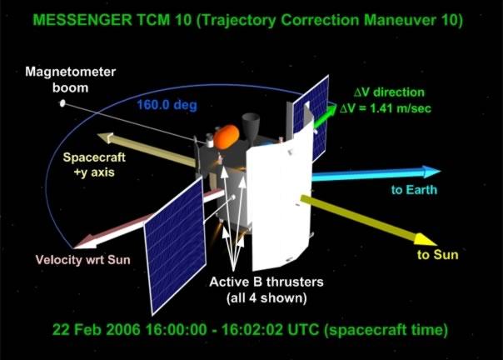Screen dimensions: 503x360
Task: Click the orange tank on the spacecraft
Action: [x=227, y=137]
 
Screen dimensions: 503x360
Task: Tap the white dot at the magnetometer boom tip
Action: [x=62, y=103]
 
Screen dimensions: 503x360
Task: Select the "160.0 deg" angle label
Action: [x=167, y=105]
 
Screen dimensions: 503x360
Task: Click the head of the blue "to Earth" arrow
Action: [x=431, y=172]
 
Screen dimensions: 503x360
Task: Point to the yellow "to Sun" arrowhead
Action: [x=425, y=239]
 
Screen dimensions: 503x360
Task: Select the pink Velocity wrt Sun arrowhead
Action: [x=85, y=242]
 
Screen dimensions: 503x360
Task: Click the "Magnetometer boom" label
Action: [x=70, y=79]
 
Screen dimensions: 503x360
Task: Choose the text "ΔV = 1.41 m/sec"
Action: [x=386, y=108]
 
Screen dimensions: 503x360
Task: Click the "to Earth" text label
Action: [x=414, y=190]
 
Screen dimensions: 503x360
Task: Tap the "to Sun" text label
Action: [x=437, y=255]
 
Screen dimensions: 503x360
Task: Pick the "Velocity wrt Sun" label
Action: [x=83, y=259]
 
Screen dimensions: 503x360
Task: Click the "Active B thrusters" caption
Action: [x=266, y=282]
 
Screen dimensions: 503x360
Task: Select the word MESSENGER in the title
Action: [x=82, y=20]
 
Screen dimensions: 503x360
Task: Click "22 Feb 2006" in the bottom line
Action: [x=97, y=329]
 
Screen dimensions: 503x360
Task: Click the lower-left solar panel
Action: [x=175, y=246]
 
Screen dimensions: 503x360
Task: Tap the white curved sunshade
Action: [x=279, y=199]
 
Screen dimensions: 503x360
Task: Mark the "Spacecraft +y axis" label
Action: [x=94, y=165]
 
